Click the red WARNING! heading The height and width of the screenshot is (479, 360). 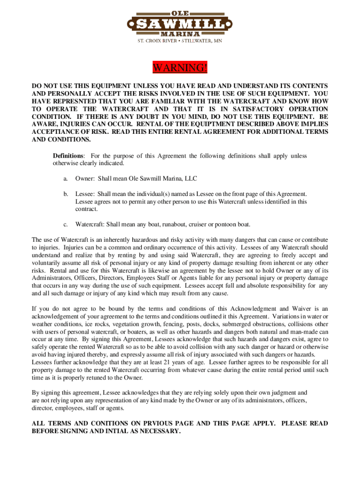click(x=180, y=68)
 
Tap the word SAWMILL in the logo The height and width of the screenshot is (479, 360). click(x=180, y=24)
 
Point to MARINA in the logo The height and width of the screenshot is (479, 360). click(x=180, y=34)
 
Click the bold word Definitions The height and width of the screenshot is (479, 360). click(x=68, y=155)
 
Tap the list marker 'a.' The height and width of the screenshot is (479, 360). click(x=65, y=179)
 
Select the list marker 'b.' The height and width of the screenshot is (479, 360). click(x=66, y=194)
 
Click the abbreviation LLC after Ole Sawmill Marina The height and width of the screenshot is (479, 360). click(x=191, y=179)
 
